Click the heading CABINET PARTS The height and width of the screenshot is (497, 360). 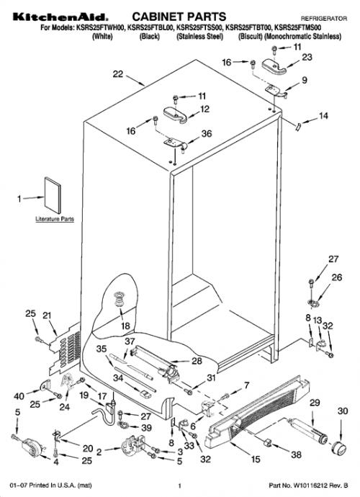point(179,17)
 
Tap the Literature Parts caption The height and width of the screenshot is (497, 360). point(55,219)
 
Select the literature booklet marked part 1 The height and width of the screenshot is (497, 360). point(53,195)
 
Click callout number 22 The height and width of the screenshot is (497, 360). point(118,74)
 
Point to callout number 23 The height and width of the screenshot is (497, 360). point(307,57)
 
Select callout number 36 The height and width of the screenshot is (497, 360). point(207,134)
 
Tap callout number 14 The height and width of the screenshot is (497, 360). point(323,116)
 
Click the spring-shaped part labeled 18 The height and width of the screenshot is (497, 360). point(119,299)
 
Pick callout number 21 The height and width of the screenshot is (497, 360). point(47,315)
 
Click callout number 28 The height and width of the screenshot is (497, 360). point(197,361)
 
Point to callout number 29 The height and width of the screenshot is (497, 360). point(315,403)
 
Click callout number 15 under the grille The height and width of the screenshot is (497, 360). point(256,459)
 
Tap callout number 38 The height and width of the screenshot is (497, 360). point(297,455)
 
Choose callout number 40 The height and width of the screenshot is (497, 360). point(19,396)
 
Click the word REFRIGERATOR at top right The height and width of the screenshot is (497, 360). point(324,19)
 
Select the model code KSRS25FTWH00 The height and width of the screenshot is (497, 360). point(101,28)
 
